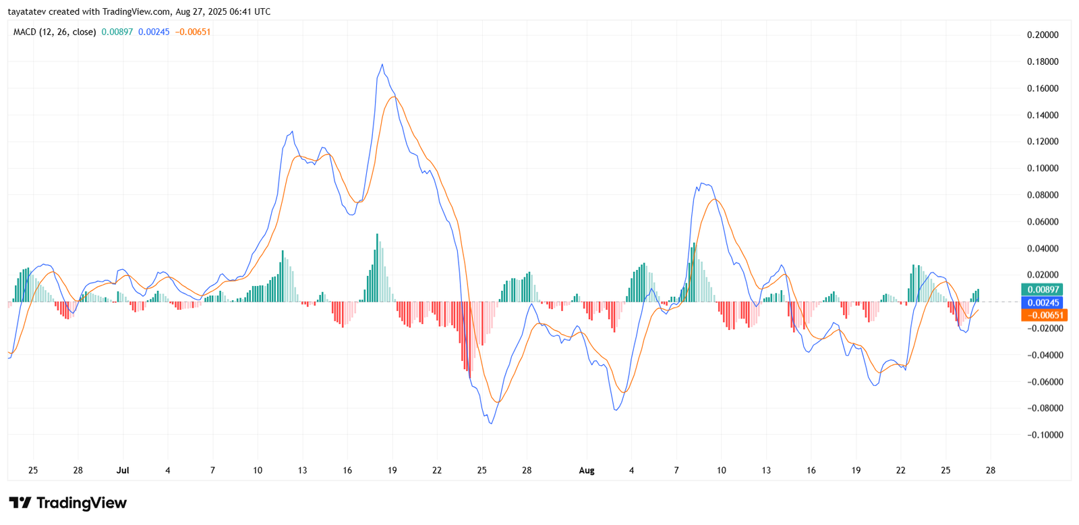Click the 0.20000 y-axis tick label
point(1042,35)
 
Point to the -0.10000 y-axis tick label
point(1045,435)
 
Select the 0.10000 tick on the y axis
point(1042,168)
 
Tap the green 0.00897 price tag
point(1043,289)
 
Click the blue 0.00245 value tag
point(1043,303)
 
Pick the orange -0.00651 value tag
point(1044,315)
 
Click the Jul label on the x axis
point(123,470)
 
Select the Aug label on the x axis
point(587,470)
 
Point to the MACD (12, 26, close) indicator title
point(55,32)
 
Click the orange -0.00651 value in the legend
point(193,32)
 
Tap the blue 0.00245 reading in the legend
point(154,32)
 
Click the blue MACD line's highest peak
point(382,65)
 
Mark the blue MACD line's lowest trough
point(491,423)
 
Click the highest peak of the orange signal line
point(393,97)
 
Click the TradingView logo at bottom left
point(68,503)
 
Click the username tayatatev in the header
point(28,11)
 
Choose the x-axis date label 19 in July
point(392,470)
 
